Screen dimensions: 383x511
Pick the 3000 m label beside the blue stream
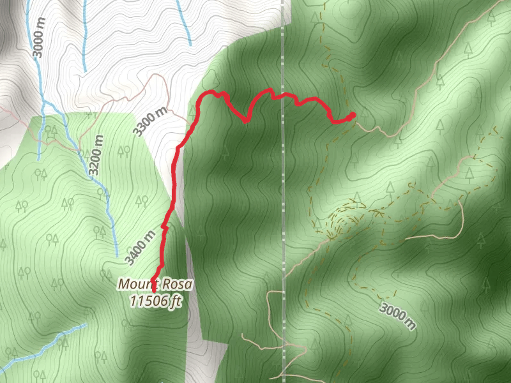point(40,37)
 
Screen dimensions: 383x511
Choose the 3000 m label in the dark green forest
point(398,316)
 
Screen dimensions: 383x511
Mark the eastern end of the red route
point(353,115)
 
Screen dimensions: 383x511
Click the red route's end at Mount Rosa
point(154,290)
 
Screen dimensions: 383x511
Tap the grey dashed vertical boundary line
point(282,191)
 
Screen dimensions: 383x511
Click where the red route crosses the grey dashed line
point(282,97)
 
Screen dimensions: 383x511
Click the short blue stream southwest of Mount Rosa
point(45,348)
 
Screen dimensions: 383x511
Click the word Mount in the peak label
point(137,284)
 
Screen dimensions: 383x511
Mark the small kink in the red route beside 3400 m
point(164,227)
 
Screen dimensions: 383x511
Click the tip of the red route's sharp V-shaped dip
point(247,120)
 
